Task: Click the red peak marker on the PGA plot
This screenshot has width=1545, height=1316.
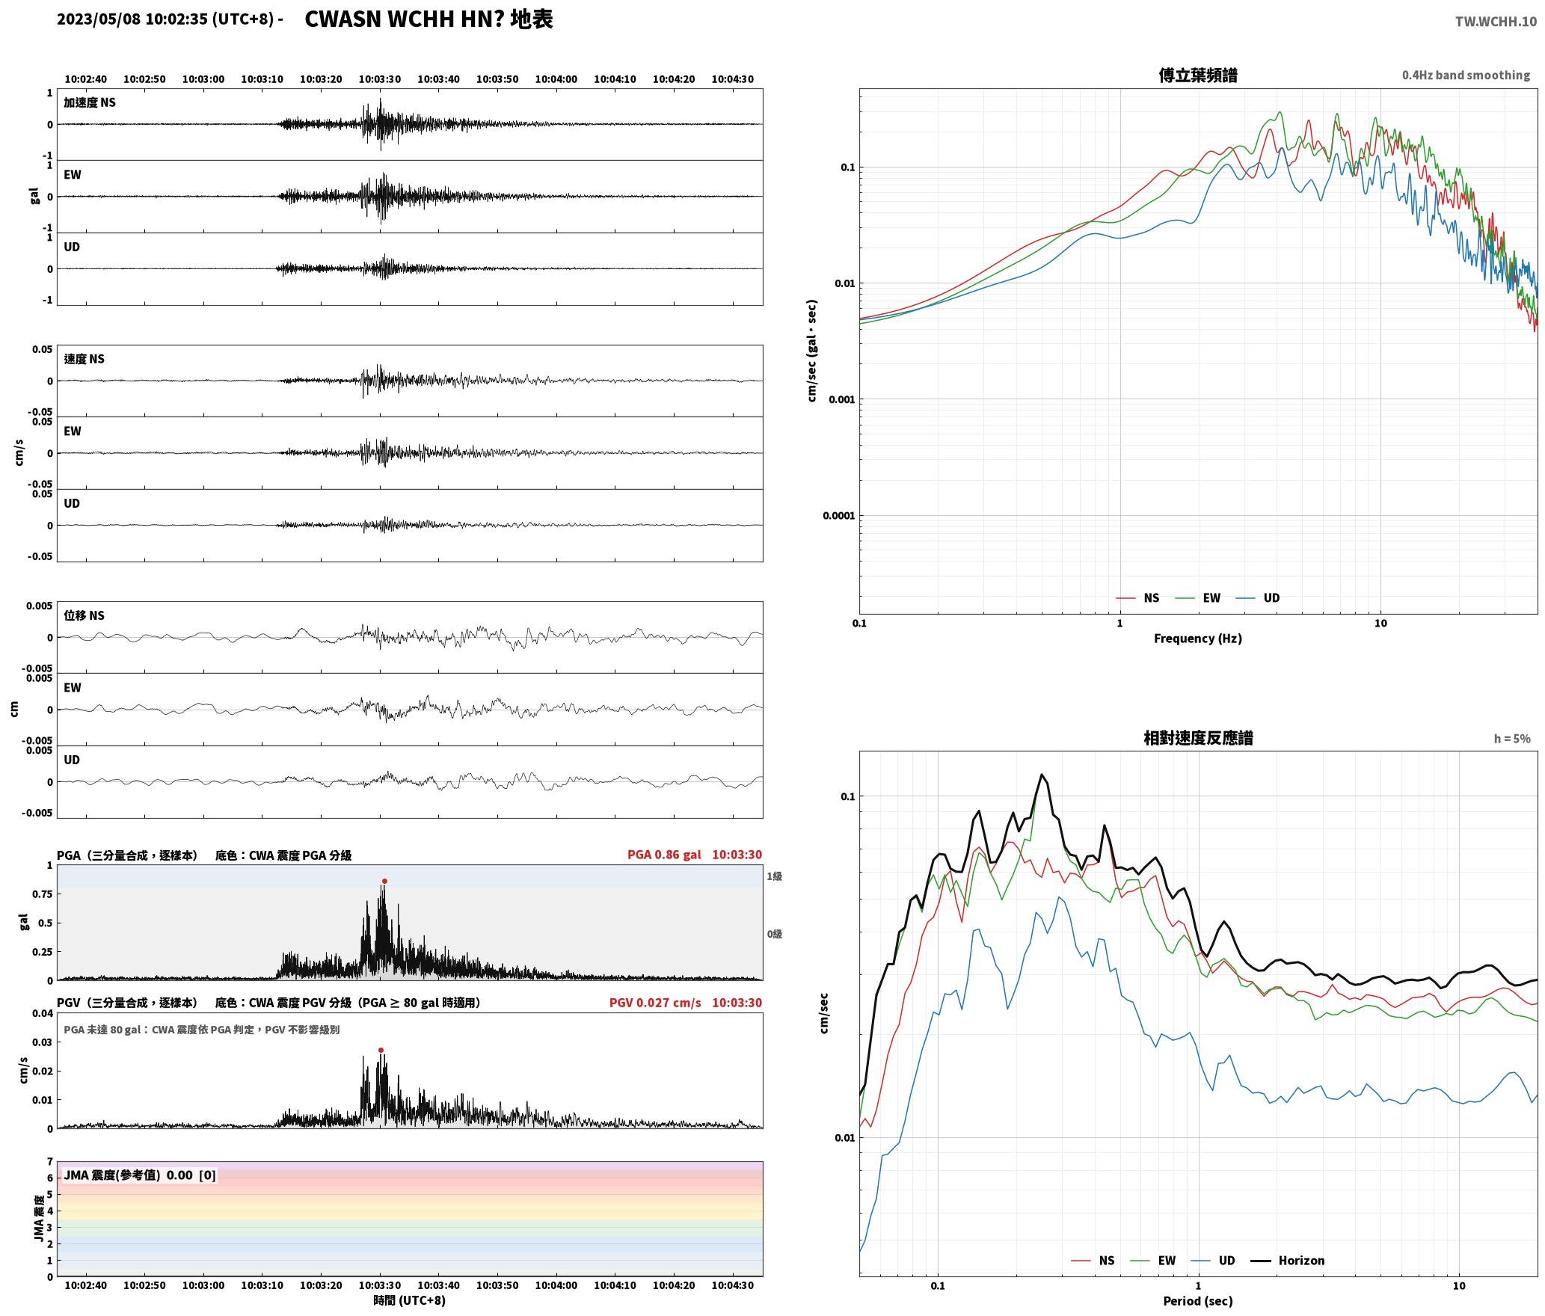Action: click(384, 881)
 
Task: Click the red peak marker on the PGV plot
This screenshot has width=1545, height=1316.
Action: click(381, 1050)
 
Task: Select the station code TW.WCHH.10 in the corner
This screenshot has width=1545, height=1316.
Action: click(1496, 22)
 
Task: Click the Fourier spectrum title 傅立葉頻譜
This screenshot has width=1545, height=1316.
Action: click(1197, 75)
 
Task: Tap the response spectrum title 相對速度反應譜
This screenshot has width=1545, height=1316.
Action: click(1197, 738)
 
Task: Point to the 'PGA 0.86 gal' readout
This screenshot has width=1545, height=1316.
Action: click(664, 855)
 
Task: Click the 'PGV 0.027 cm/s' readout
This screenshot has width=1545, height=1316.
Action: click(655, 1003)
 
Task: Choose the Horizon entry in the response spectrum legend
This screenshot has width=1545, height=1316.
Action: click(1301, 1261)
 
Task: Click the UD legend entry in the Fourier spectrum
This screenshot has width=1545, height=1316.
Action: click(1271, 598)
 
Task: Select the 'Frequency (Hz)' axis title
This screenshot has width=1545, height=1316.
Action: click(1197, 639)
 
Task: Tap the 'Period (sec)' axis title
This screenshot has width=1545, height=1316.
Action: click(1197, 1301)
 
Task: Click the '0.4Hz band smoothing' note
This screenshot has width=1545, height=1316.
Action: click(1466, 76)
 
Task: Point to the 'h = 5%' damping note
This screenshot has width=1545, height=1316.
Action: click(1512, 739)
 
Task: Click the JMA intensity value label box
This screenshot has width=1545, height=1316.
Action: click(140, 1175)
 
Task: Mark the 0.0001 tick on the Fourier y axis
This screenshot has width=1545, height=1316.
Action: click(838, 516)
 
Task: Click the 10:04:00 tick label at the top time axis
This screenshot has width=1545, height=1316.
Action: click(556, 79)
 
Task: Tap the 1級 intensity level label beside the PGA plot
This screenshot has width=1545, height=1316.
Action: click(774, 876)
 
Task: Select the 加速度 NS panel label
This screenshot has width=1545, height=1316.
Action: click(90, 102)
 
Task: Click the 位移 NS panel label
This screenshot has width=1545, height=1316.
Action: click(84, 615)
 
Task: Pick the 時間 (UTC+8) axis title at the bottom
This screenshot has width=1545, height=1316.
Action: click(410, 1300)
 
